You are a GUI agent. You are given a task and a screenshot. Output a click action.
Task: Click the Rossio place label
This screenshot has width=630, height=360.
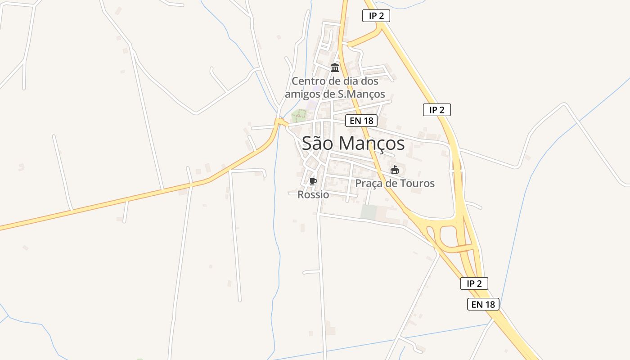pos(313,195)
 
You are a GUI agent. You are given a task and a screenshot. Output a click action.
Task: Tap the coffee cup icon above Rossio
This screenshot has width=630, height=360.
pos(313,181)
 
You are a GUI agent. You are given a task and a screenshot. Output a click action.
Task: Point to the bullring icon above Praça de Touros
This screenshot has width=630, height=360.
pos(395,170)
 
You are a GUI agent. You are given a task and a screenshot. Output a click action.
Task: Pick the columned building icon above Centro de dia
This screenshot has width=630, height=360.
pos(335,68)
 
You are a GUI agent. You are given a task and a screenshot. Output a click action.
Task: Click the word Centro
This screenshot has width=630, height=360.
pos(308,81)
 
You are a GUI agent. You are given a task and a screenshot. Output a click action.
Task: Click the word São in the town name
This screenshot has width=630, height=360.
pos(318,143)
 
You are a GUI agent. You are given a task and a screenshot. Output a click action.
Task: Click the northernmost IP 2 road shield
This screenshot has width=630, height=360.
pos(376,16)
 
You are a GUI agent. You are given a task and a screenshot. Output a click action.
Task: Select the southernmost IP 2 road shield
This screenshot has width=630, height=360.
pos(474,283)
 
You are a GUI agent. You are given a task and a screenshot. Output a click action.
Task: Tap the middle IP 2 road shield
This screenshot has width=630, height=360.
pos(436,110)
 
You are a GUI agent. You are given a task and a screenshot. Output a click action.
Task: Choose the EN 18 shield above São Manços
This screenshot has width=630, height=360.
pos(361,121)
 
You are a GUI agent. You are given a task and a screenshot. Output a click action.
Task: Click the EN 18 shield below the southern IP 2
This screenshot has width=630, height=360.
pos(483,304)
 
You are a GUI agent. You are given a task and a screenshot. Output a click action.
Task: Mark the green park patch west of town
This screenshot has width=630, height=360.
pos(299,116)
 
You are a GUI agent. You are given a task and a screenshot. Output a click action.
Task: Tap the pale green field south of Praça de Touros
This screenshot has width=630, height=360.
pos(369,212)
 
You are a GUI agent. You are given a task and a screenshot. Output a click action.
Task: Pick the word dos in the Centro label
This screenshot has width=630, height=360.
pos(369,81)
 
